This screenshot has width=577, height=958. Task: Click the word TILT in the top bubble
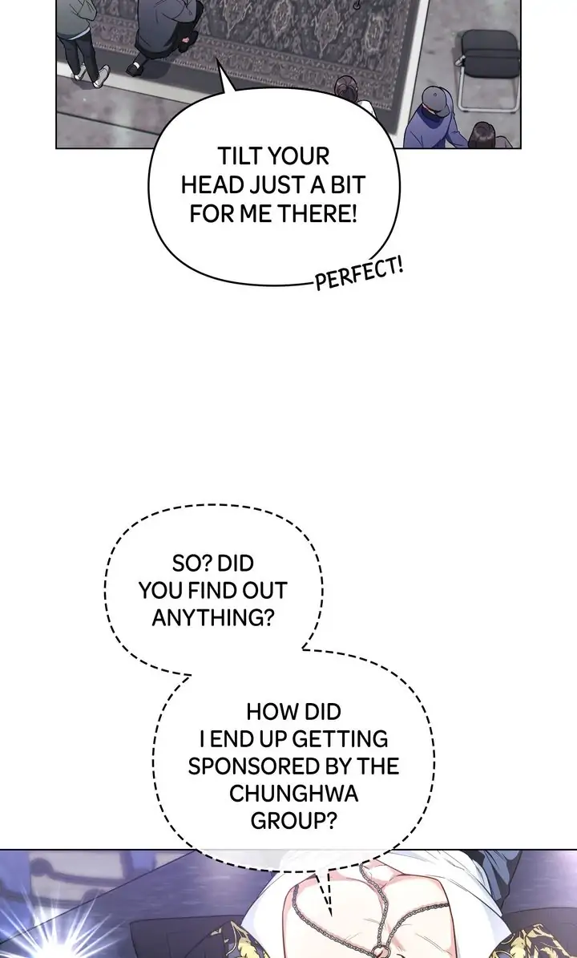tap(239, 156)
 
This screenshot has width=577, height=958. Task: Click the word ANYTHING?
tap(212, 618)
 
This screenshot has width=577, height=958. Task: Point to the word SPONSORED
tap(251, 765)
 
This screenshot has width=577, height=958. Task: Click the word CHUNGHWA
tap(293, 794)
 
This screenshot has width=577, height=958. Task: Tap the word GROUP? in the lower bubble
tap(293, 821)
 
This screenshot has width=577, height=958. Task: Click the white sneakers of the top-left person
tap(90, 76)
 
